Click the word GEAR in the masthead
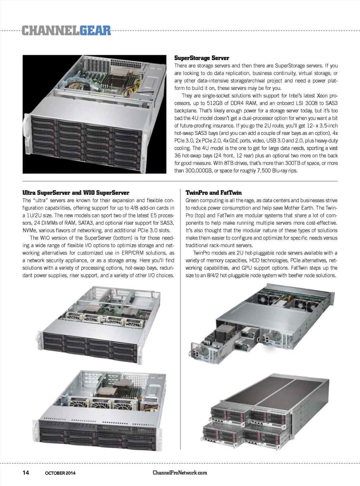pos(95,31)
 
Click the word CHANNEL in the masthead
pos(51,31)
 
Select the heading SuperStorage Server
pos(202,58)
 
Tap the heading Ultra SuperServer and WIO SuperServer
pos(76,193)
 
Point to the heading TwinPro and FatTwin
pos(213,193)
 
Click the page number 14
pos(26,472)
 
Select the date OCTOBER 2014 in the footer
pos(60,473)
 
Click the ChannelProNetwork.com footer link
pos(180,472)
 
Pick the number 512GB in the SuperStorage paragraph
pos(214,103)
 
